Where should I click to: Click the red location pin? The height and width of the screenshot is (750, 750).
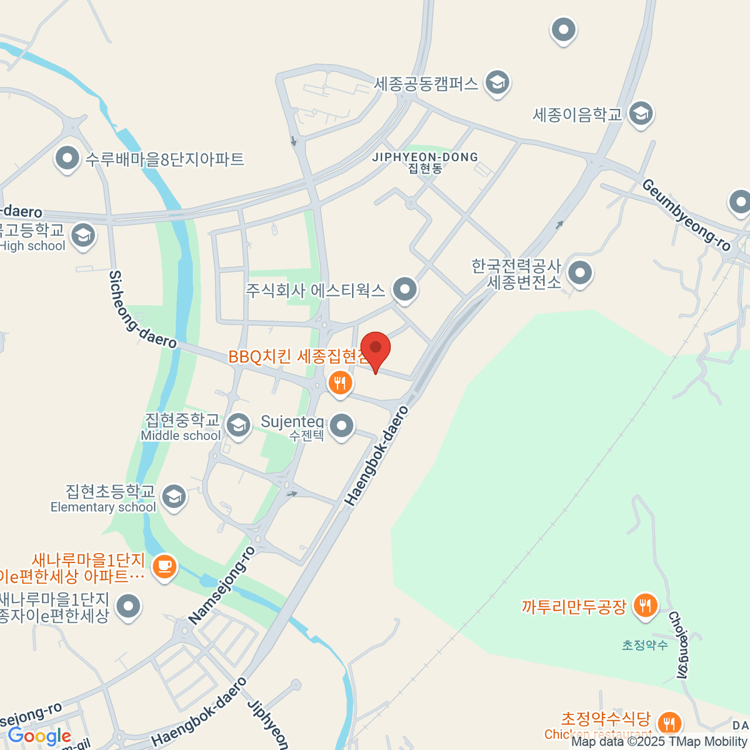tap(375, 349)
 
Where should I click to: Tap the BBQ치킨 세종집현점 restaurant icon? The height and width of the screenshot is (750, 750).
tap(339, 382)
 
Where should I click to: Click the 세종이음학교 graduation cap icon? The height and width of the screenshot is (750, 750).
tap(640, 114)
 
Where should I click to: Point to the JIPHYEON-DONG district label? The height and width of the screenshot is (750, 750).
tap(425, 162)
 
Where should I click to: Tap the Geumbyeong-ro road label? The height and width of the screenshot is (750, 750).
tap(686, 214)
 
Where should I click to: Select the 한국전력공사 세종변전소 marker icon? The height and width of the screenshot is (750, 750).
tap(581, 272)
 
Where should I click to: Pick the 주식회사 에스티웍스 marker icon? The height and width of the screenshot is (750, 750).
tap(405, 289)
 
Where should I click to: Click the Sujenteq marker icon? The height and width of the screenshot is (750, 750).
tap(341, 426)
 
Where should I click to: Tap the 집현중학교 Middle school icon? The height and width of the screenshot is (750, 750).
tap(237, 425)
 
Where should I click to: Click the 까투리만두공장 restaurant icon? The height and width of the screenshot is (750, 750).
tap(644, 605)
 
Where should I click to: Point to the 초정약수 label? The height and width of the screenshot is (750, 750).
tap(644, 645)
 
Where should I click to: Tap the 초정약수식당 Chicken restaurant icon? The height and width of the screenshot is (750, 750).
tap(669, 722)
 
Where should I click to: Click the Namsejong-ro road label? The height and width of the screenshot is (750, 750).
tap(222, 586)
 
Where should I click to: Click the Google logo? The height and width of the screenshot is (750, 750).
tap(39, 736)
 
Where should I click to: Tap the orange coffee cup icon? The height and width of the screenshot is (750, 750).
tap(164, 566)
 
